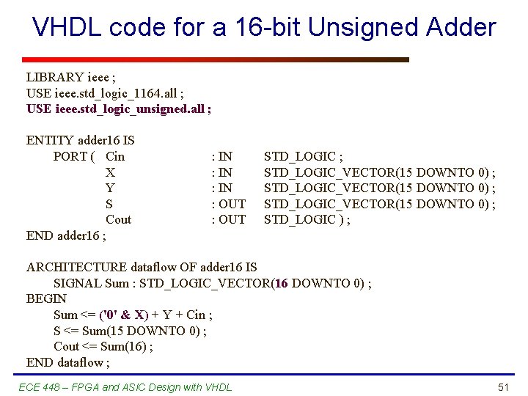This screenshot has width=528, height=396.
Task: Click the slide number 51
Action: [503, 387]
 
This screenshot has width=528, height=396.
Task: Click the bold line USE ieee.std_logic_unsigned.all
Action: [119, 109]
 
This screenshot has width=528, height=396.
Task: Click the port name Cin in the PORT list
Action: [115, 156]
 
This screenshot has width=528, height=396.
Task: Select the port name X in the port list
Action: [110, 172]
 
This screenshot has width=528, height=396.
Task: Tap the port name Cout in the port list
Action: [119, 219]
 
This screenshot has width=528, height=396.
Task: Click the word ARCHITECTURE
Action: [76, 267]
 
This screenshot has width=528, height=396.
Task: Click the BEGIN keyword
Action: [46, 298]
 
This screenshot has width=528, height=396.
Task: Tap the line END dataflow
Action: [67, 362]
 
